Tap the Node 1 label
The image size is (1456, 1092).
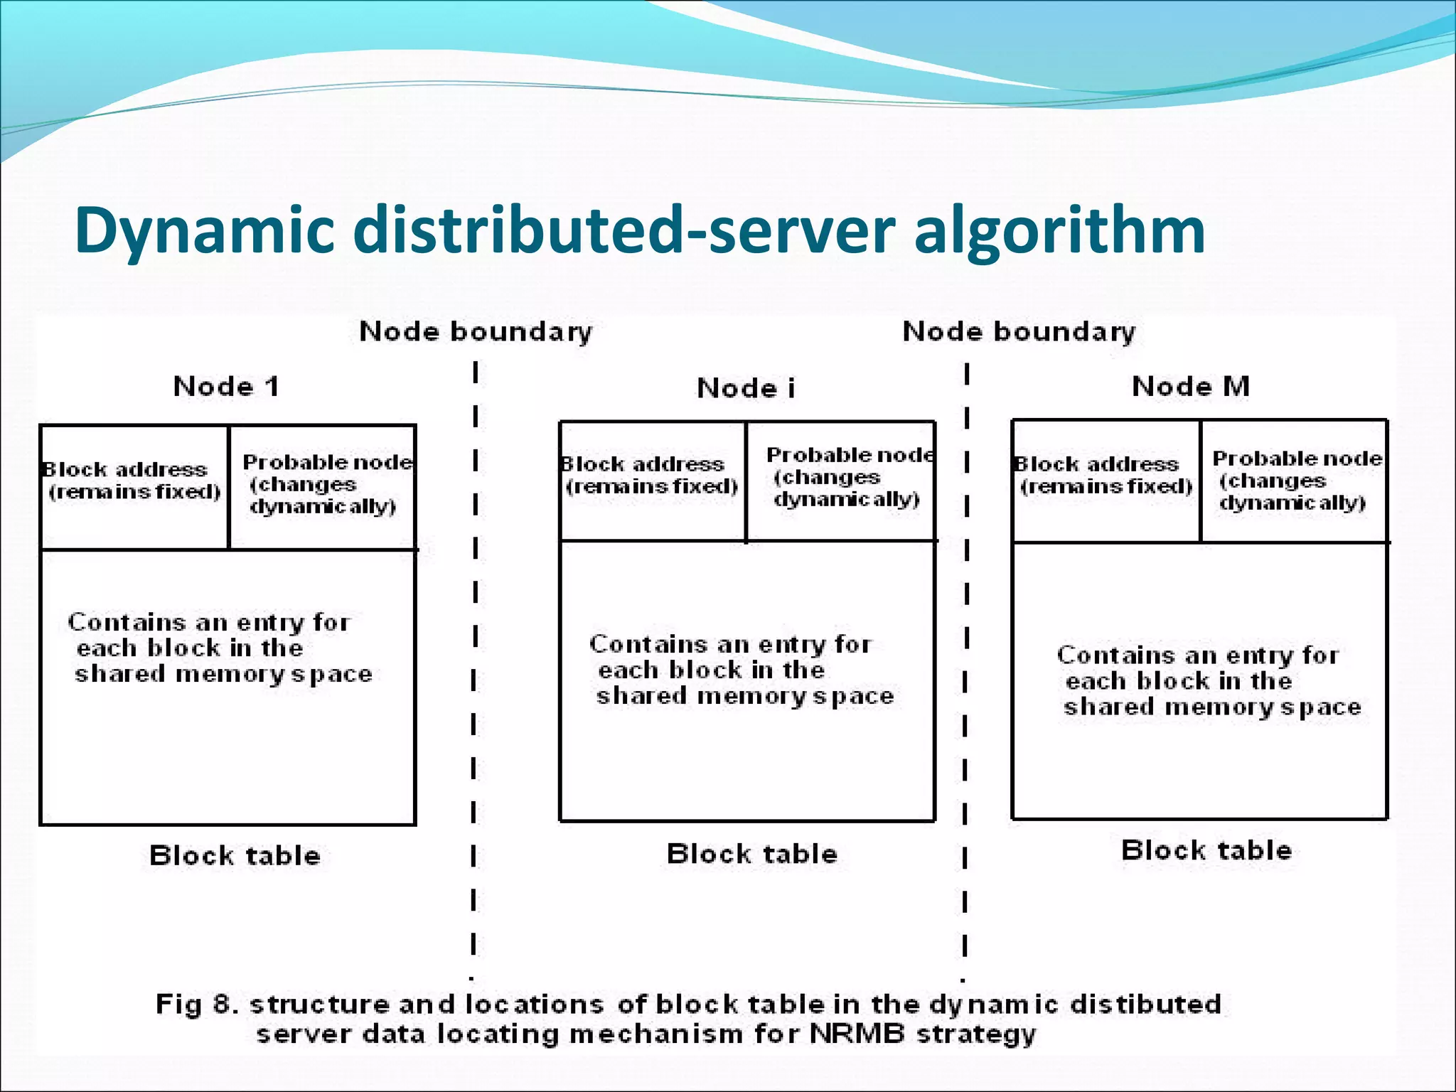pos(226,387)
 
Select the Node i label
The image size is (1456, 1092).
pos(746,389)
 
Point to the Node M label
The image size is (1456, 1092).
pos(1191,387)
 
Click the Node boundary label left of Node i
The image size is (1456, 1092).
pos(475,332)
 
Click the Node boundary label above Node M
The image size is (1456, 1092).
pos(1019,332)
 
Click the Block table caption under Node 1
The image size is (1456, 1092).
pos(235,855)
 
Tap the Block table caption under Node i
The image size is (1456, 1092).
pos(751,854)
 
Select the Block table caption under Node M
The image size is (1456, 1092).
pos(1206,850)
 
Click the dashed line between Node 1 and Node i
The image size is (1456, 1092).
pos(474,640)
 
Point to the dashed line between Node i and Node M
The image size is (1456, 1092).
pos(966,640)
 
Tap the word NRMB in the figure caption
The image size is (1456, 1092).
pos(857,1034)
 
